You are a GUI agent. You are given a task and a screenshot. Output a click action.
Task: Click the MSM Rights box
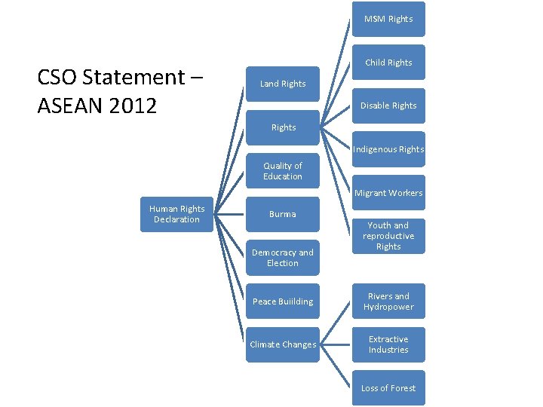pyautogui.click(x=388, y=19)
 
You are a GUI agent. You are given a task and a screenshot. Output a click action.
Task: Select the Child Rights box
pyautogui.click(x=388, y=63)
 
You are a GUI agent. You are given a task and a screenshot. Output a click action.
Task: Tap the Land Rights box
pyautogui.click(x=283, y=84)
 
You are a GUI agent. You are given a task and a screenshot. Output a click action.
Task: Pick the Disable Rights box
pyautogui.click(x=388, y=106)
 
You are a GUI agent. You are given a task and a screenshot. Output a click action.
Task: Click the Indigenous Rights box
pyautogui.click(x=388, y=149)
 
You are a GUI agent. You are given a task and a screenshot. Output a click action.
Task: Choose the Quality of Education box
pyautogui.click(x=283, y=171)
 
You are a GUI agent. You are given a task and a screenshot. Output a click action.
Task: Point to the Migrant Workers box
pyautogui.click(x=388, y=193)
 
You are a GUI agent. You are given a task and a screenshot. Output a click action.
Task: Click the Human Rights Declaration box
pyautogui.click(x=176, y=214)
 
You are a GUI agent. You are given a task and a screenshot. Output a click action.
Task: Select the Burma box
pyautogui.click(x=283, y=214)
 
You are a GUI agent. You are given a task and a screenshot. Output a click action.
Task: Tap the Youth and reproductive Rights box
pyautogui.click(x=388, y=236)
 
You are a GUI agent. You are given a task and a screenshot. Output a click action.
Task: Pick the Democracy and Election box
pyautogui.click(x=283, y=258)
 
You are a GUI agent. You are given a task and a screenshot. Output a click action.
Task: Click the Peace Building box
pyautogui.click(x=283, y=301)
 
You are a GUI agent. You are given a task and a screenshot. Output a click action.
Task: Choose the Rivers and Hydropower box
pyautogui.click(x=388, y=301)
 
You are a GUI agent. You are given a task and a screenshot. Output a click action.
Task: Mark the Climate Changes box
pyautogui.click(x=283, y=344)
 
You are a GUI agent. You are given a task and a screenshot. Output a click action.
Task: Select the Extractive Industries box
pyautogui.click(x=388, y=344)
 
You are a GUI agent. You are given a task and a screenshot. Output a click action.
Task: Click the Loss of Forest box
pyautogui.click(x=388, y=388)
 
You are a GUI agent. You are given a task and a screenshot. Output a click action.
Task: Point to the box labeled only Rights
pyautogui.click(x=283, y=127)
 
